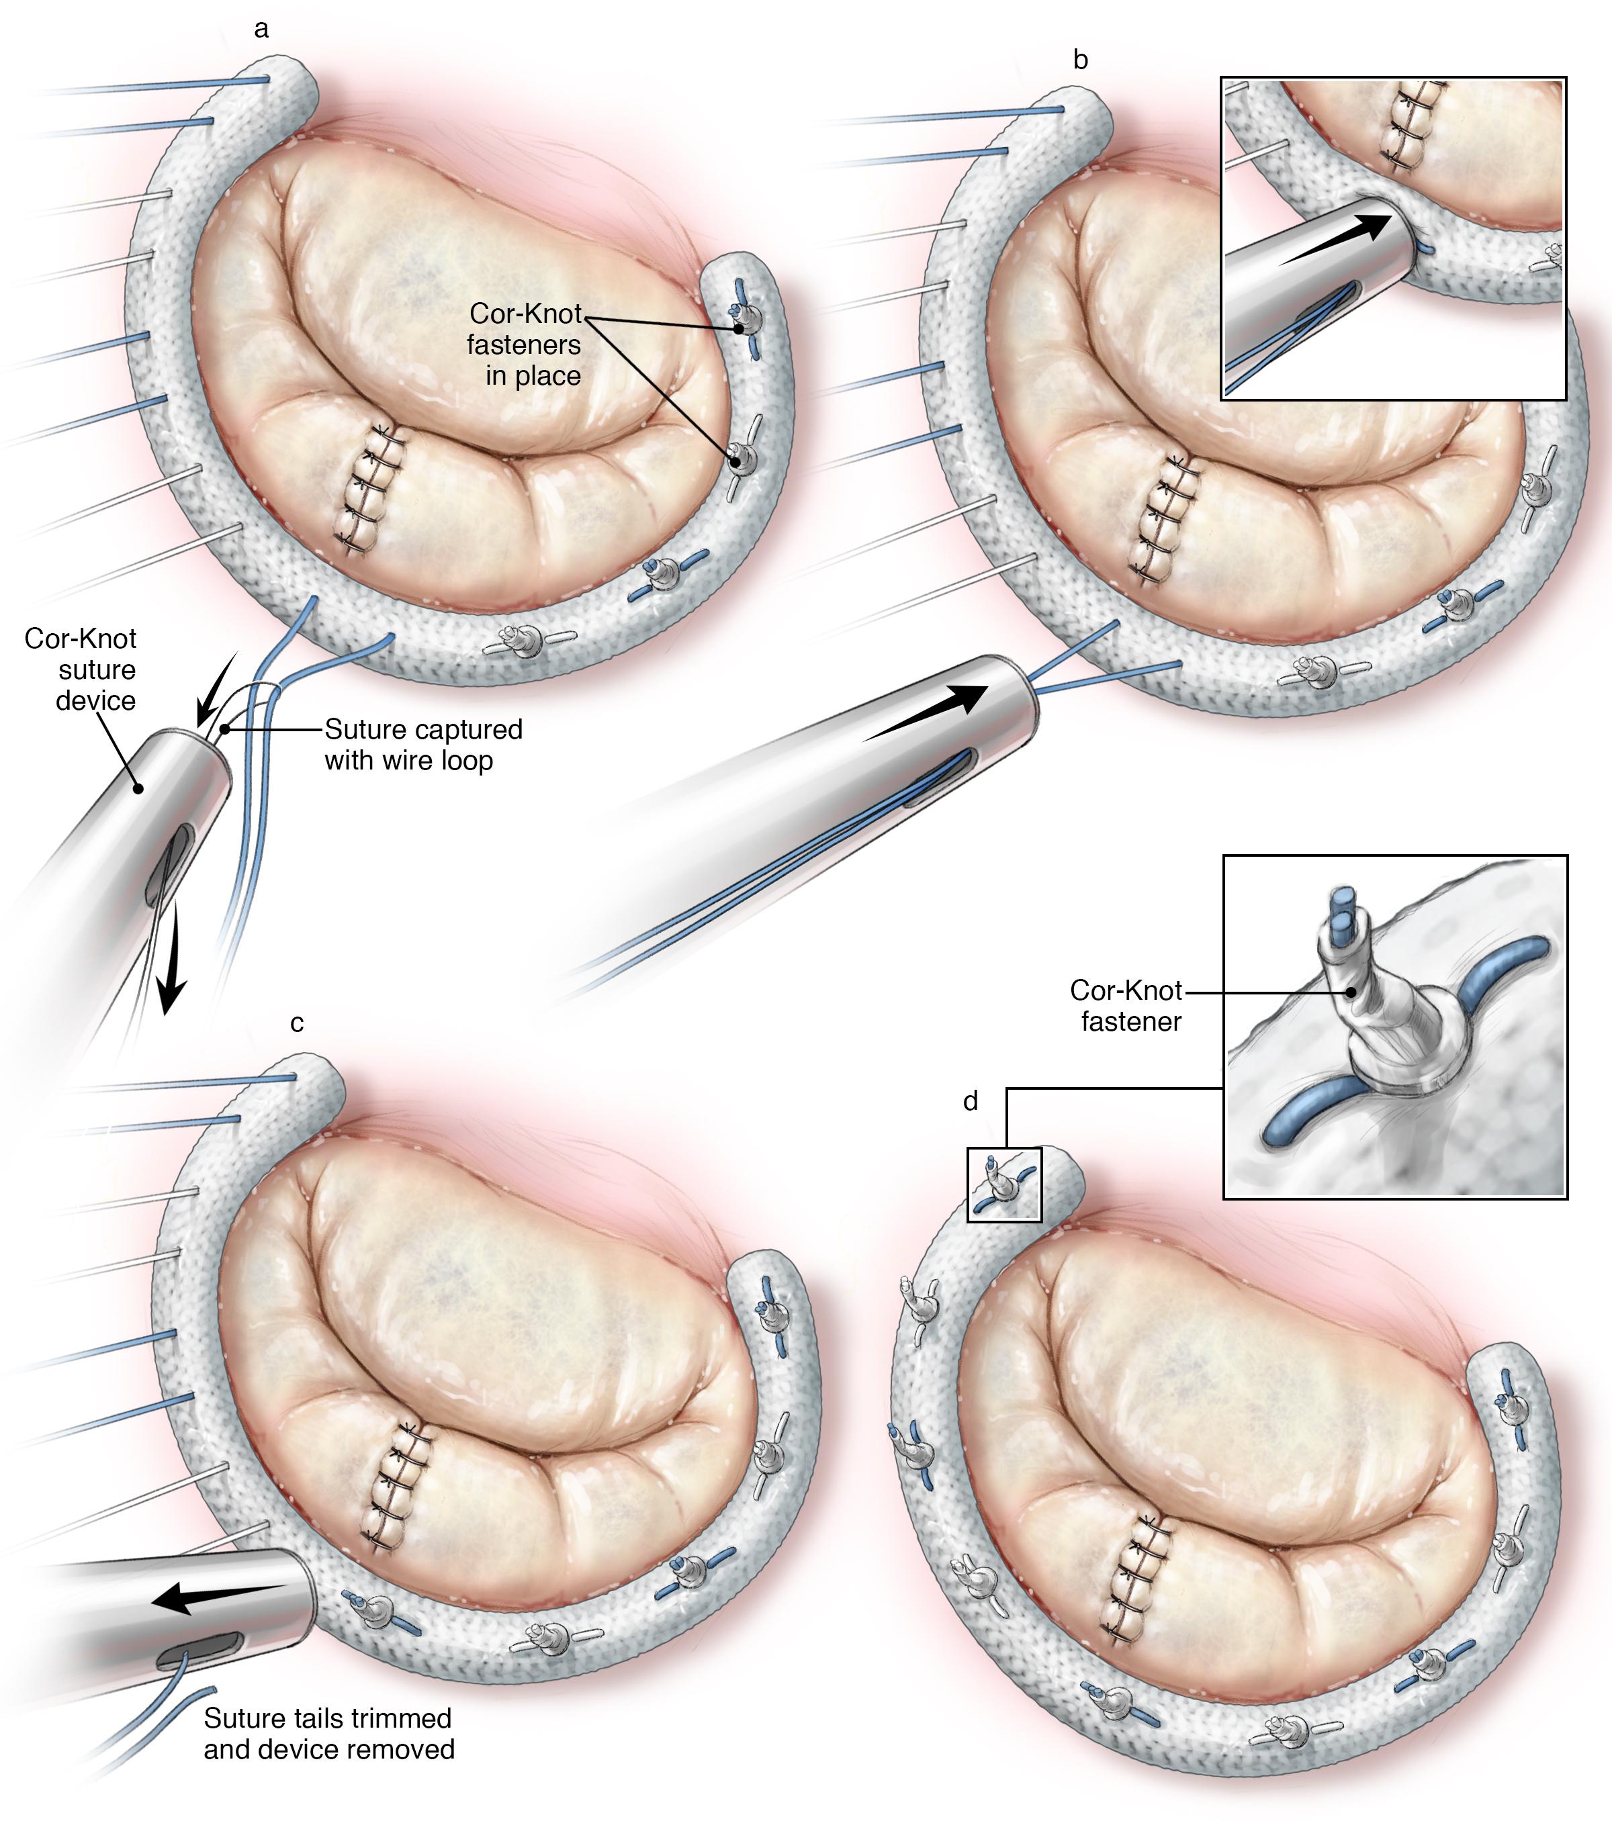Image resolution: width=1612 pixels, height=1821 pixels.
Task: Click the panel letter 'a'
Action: pos(261,30)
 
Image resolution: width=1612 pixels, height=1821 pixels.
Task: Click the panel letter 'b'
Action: pos(1081,60)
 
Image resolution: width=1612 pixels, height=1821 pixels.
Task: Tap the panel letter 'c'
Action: pos(297,1024)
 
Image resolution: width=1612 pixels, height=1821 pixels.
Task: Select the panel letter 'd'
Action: pos(971,1101)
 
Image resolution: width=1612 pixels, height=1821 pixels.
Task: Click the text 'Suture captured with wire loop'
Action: pos(423,745)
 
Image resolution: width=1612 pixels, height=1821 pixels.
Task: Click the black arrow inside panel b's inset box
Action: pos(1335,240)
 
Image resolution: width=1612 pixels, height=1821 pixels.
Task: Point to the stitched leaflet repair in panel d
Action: pos(1138,1578)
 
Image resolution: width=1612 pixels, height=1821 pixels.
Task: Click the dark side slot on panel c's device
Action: pos(199,1652)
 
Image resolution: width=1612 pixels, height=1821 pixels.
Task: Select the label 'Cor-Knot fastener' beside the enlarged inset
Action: pos(1126,1006)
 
